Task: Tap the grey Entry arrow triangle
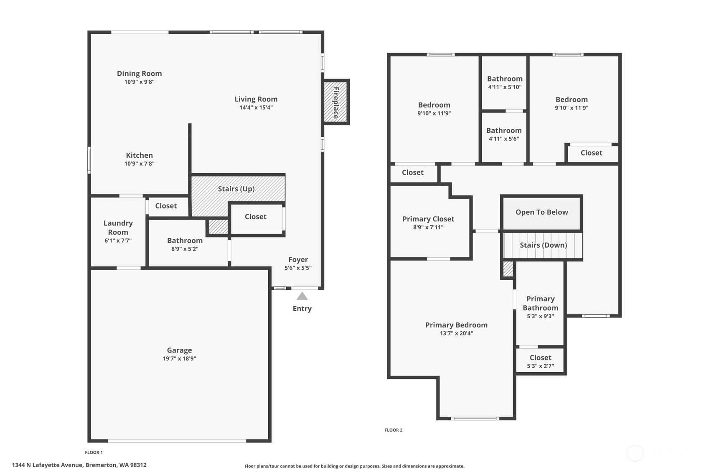[302, 296]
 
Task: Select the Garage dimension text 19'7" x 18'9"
[180, 358]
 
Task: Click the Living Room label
[256, 99]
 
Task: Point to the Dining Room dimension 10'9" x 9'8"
[139, 82]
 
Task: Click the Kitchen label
[139, 155]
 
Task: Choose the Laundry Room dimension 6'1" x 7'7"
[118, 240]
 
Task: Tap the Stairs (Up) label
[236, 189]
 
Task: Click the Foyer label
[298, 260]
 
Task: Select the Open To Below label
[541, 212]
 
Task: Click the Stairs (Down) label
[543, 245]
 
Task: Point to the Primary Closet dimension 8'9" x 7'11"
[428, 227]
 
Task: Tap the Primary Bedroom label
[456, 325]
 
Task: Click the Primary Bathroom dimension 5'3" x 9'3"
[540, 316]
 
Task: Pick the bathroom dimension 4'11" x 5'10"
[505, 87]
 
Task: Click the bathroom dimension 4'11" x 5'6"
[504, 139]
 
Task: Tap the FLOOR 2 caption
[394, 430]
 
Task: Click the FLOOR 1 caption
[94, 453]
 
